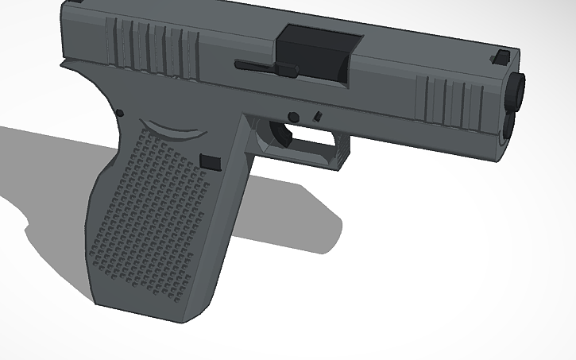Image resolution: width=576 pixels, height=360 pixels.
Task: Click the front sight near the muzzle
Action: (x=502, y=56)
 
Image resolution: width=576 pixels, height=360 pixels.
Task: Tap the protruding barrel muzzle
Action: (x=517, y=91)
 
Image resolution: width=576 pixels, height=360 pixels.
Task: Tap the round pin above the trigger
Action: (x=294, y=117)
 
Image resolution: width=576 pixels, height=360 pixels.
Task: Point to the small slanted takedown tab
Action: (x=318, y=116)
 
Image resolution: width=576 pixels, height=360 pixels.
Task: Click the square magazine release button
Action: (x=211, y=161)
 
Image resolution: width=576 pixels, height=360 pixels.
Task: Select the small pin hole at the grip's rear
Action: (x=119, y=114)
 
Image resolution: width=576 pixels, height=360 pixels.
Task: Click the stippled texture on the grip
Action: (x=151, y=207)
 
